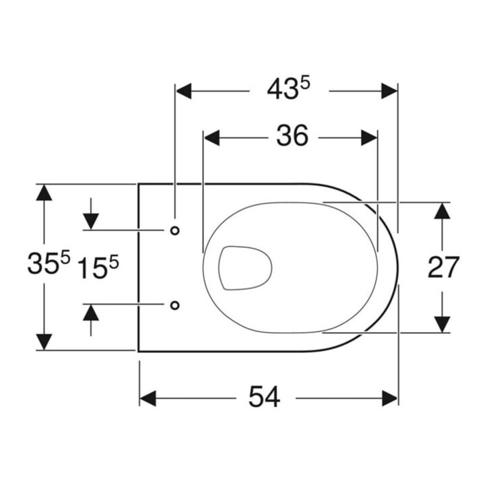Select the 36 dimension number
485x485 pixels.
coord(292,135)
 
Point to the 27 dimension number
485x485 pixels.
coord(443,267)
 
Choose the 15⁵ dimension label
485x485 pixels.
coord(98,268)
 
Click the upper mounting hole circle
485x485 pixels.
coord(175,230)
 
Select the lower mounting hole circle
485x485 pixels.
coord(175,305)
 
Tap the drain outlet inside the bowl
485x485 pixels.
coord(245,268)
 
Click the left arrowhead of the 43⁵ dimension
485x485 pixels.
coord(183,91)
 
